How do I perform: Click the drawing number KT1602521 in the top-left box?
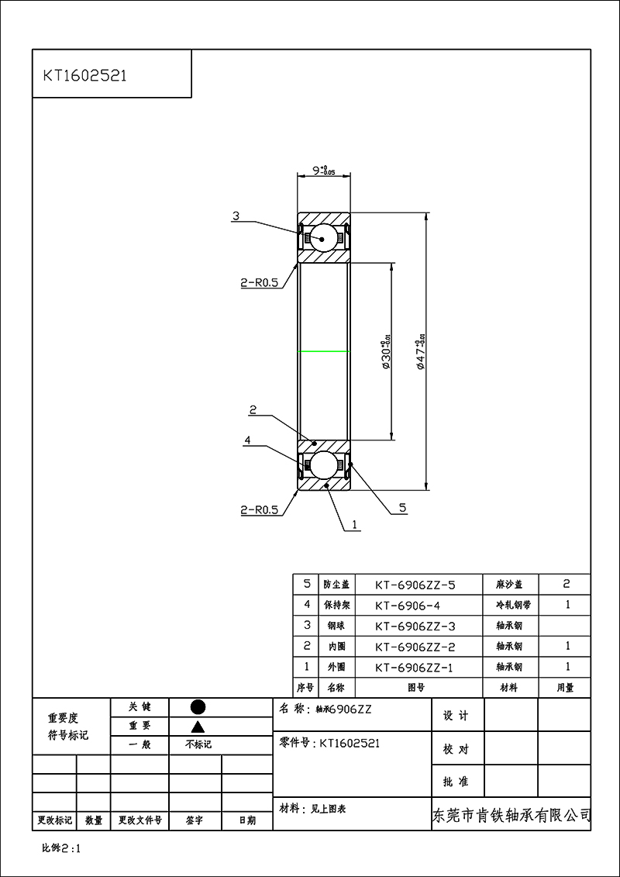tap(85, 76)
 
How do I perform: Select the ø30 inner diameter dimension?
tap(385, 353)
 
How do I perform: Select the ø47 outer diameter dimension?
tap(422, 353)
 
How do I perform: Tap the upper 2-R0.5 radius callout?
tap(259, 284)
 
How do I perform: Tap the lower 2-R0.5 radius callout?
tap(259, 509)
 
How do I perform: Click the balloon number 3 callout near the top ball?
tap(236, 216)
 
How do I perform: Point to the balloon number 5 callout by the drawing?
tap(402, 508)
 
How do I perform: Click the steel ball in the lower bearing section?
tap(324, 464)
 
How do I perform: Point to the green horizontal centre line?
tap(324, 351)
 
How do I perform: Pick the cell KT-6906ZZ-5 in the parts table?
tap(415, 585)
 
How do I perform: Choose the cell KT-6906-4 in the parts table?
tap(407, 605)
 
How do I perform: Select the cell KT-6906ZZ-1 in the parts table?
tap(415, 667)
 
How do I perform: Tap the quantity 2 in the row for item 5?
tap(567, 584)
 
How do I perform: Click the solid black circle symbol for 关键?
tap(198, 707)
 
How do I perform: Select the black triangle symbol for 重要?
tap(198, 727)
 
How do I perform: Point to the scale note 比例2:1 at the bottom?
tap(61, 848)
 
